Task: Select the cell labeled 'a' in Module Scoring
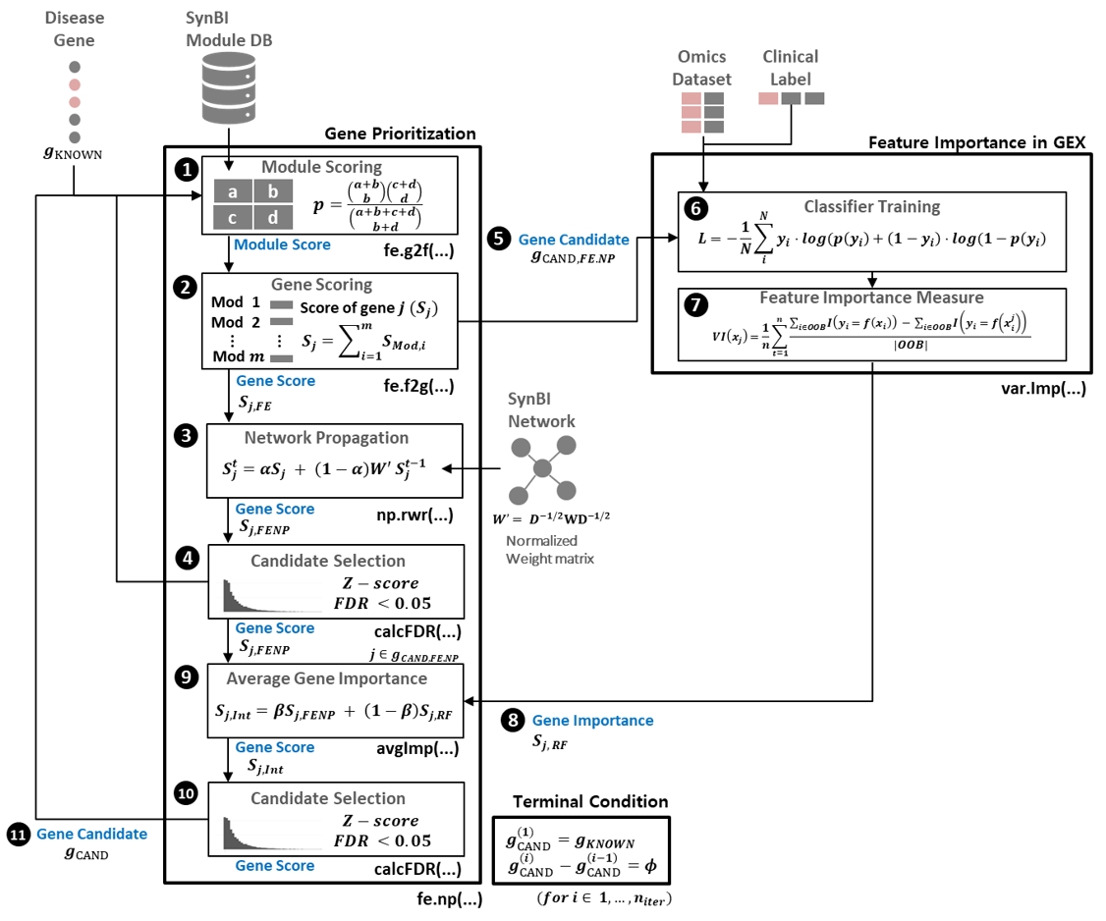tap(233, 192)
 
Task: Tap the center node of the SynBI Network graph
tap(541, 468)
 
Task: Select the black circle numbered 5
tap(498, 239)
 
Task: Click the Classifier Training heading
tap(871, 206)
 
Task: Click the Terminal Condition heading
tap(579, 801)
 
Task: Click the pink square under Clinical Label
tap(768, 98)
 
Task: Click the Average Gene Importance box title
tap(326, 678)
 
